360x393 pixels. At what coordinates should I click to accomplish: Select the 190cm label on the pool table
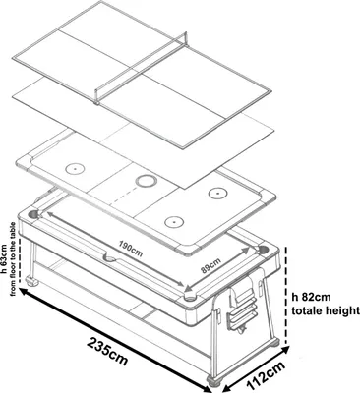131,249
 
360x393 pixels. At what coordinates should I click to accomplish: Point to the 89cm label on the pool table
210,265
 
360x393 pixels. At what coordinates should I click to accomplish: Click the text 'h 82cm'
312,297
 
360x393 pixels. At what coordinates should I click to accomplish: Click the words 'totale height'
326,309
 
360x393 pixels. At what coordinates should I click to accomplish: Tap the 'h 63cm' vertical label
4,258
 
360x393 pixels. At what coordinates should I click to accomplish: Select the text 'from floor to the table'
14,258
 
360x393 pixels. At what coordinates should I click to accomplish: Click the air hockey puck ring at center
147,180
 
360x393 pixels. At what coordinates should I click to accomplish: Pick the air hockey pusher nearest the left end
75,169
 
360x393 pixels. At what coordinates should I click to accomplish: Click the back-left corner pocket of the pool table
33,215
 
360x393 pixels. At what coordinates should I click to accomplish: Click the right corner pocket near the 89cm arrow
263,250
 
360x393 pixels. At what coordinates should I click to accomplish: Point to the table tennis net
142,69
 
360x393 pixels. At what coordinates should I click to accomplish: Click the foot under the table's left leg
31,281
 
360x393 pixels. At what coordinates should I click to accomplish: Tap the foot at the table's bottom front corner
214,381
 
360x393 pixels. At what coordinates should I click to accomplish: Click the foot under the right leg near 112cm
273,343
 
